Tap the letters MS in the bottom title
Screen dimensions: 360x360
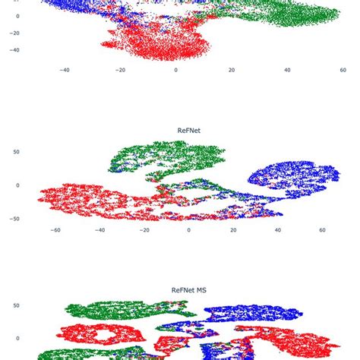coord(199,289)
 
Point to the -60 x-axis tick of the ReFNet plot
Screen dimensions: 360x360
coord(55,229)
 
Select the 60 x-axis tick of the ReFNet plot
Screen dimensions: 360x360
coord(322,229)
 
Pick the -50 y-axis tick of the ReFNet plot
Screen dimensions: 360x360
coord(16,219)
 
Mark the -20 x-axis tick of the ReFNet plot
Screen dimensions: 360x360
coord(144,229)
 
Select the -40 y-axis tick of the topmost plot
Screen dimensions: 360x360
coord(14,50)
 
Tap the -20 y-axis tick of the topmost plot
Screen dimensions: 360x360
coord(14,33)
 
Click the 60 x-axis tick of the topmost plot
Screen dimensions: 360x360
coord(343,70)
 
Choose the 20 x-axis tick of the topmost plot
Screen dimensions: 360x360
coord(232,70)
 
